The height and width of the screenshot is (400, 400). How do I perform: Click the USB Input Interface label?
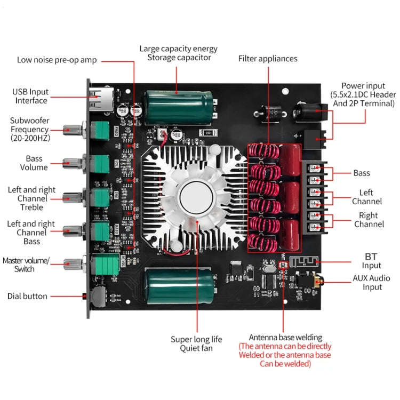(x=31, y=97)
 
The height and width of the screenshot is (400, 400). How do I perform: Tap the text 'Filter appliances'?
(x=268, y=59)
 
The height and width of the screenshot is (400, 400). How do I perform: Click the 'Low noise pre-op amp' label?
(x=57, y=60)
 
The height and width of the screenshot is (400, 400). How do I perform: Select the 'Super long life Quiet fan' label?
(x=196, y=344)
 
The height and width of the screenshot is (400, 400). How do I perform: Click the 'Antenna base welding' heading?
(x=285, y=337)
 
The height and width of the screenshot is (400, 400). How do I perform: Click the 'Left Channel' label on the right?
(x=367, y=197)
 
